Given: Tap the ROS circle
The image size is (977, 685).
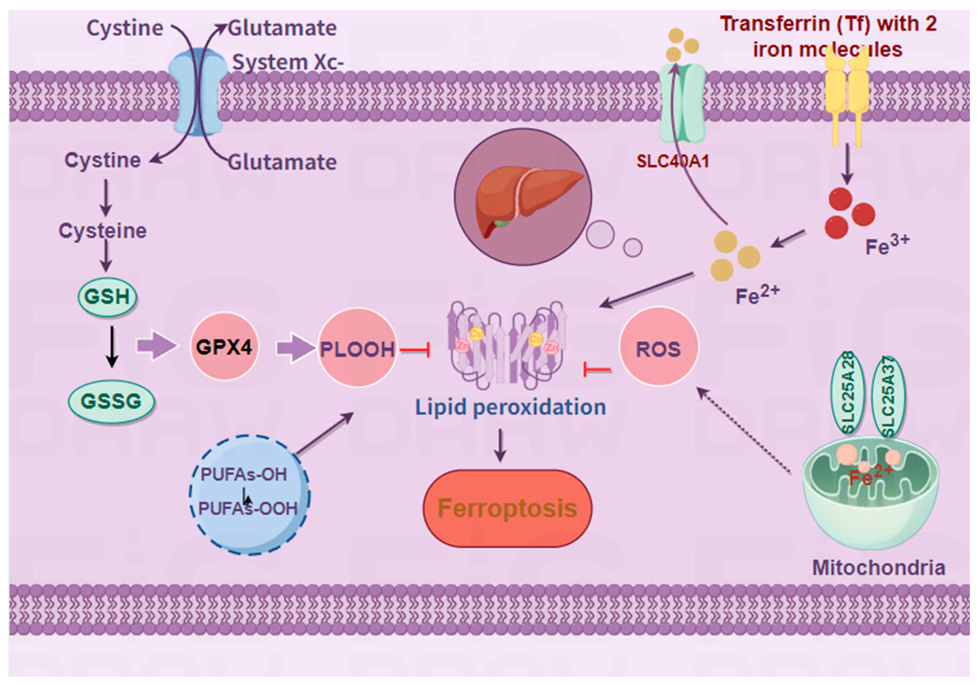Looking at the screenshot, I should point(658,348).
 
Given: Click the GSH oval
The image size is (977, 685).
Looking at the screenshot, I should point(107,296).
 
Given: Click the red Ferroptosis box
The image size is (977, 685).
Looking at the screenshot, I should point(507,508).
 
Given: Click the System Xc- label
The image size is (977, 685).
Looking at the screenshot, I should point(288,62).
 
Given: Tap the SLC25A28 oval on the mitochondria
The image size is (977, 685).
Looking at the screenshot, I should point(848,393).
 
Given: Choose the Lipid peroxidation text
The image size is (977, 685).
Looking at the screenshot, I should point(510,407).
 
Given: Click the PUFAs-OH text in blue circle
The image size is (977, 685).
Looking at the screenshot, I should point(244,474).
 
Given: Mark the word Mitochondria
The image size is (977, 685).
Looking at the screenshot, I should point(879,567).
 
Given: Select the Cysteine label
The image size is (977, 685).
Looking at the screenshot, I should point(103,230).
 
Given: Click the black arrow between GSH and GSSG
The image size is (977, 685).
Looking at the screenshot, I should point(112,347).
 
